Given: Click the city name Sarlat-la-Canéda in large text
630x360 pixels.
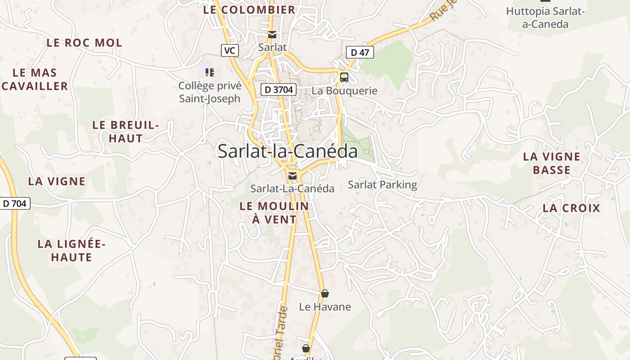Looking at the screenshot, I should (288, 151).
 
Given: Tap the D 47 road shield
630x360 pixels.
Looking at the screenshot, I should (360, 52).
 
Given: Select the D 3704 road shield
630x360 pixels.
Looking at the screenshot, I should (279, 90).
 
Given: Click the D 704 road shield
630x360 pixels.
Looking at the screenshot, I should (14, 203).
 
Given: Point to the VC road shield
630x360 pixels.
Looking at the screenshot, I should (229, 50).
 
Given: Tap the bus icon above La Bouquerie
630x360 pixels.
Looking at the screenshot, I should (344, 77).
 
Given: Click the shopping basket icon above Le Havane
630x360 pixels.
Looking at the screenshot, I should (325, 293).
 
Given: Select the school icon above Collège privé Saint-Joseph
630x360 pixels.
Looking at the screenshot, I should (209, 72).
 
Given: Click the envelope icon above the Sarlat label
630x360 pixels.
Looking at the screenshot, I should (272, 35).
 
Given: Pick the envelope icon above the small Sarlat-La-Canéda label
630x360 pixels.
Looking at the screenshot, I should (292, 175).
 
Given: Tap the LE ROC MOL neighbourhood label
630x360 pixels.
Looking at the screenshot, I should (84, 43).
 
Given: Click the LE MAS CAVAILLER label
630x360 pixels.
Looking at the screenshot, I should (35, 79).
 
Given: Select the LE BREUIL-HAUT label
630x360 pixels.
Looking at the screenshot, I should (126, 132).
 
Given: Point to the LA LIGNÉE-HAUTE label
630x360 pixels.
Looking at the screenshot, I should (72, 251).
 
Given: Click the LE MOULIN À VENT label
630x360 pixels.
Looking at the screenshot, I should (274, 213).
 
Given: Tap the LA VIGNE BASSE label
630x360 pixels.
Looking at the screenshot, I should (552, 163).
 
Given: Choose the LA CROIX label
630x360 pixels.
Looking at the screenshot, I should (571, 208).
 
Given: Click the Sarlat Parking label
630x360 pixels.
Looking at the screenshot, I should (382, 184).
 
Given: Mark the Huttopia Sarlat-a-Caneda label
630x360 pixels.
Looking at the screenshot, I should (545, 18).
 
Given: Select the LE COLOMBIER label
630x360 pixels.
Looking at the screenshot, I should (249, 9).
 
